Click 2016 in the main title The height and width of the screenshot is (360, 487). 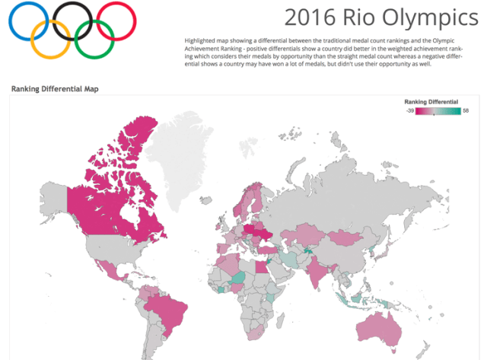(x=307, y=18)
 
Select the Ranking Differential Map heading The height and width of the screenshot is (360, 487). (x=55, y=89)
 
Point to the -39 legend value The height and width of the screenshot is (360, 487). (x=409, y=111)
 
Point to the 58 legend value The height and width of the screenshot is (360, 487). (x=466, y=111)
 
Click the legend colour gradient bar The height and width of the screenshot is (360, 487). (x=438, y=111)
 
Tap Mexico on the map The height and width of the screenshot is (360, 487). (x=103, y=265)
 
